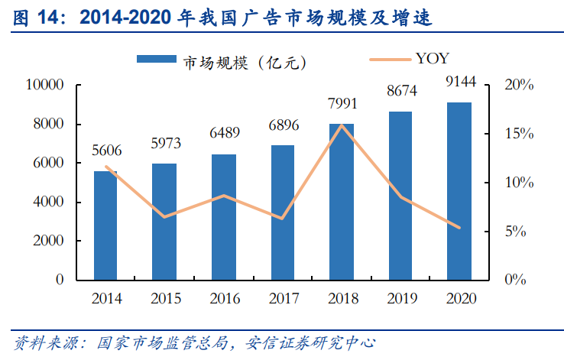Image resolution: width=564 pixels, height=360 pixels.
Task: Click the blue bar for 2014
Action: (x=105, y=225)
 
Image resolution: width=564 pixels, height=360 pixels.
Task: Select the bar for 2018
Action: (x=342, y=202)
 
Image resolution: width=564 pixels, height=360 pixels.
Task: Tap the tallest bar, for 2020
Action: (x=459, y=191)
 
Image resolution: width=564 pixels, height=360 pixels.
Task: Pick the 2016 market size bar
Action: (x=224, y=217)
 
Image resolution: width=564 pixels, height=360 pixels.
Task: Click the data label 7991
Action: (x=342, y=103)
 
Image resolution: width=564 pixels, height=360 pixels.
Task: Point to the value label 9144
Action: (x=459, y=81)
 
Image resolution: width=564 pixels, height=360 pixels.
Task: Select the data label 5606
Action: (x=106, y=151)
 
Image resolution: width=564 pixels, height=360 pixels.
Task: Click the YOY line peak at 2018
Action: (x=342, y=125)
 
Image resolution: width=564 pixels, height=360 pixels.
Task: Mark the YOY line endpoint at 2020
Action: (x=459, y=228)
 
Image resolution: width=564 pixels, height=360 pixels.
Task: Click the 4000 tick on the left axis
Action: (x=47, y=202)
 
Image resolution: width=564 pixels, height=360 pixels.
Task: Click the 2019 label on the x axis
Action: (x=400, y=298)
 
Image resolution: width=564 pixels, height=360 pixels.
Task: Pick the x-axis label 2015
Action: (x=165, y=298)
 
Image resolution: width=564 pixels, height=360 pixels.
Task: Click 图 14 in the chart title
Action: (x=34, y=18)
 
